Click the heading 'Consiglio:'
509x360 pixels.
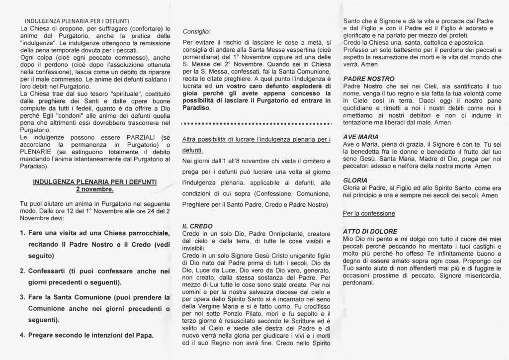tap(197, 31)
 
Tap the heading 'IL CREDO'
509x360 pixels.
tap(197, 226)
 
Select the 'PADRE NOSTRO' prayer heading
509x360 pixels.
tap(369, 79)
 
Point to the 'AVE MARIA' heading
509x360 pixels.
tap(361, 137)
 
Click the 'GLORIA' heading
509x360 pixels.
tap(355, 180)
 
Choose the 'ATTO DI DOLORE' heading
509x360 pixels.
tap(370, 231)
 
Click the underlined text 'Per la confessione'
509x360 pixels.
tap(369, 214)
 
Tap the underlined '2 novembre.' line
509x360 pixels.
tap(94, 189)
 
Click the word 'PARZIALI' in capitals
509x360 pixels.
tap(142, 137)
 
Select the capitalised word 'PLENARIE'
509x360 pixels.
tap(35, 152)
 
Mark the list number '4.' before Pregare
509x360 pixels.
tap(23, 335)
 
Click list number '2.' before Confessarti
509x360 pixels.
tap(23, 271)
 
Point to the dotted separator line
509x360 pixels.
tap(256, 123)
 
